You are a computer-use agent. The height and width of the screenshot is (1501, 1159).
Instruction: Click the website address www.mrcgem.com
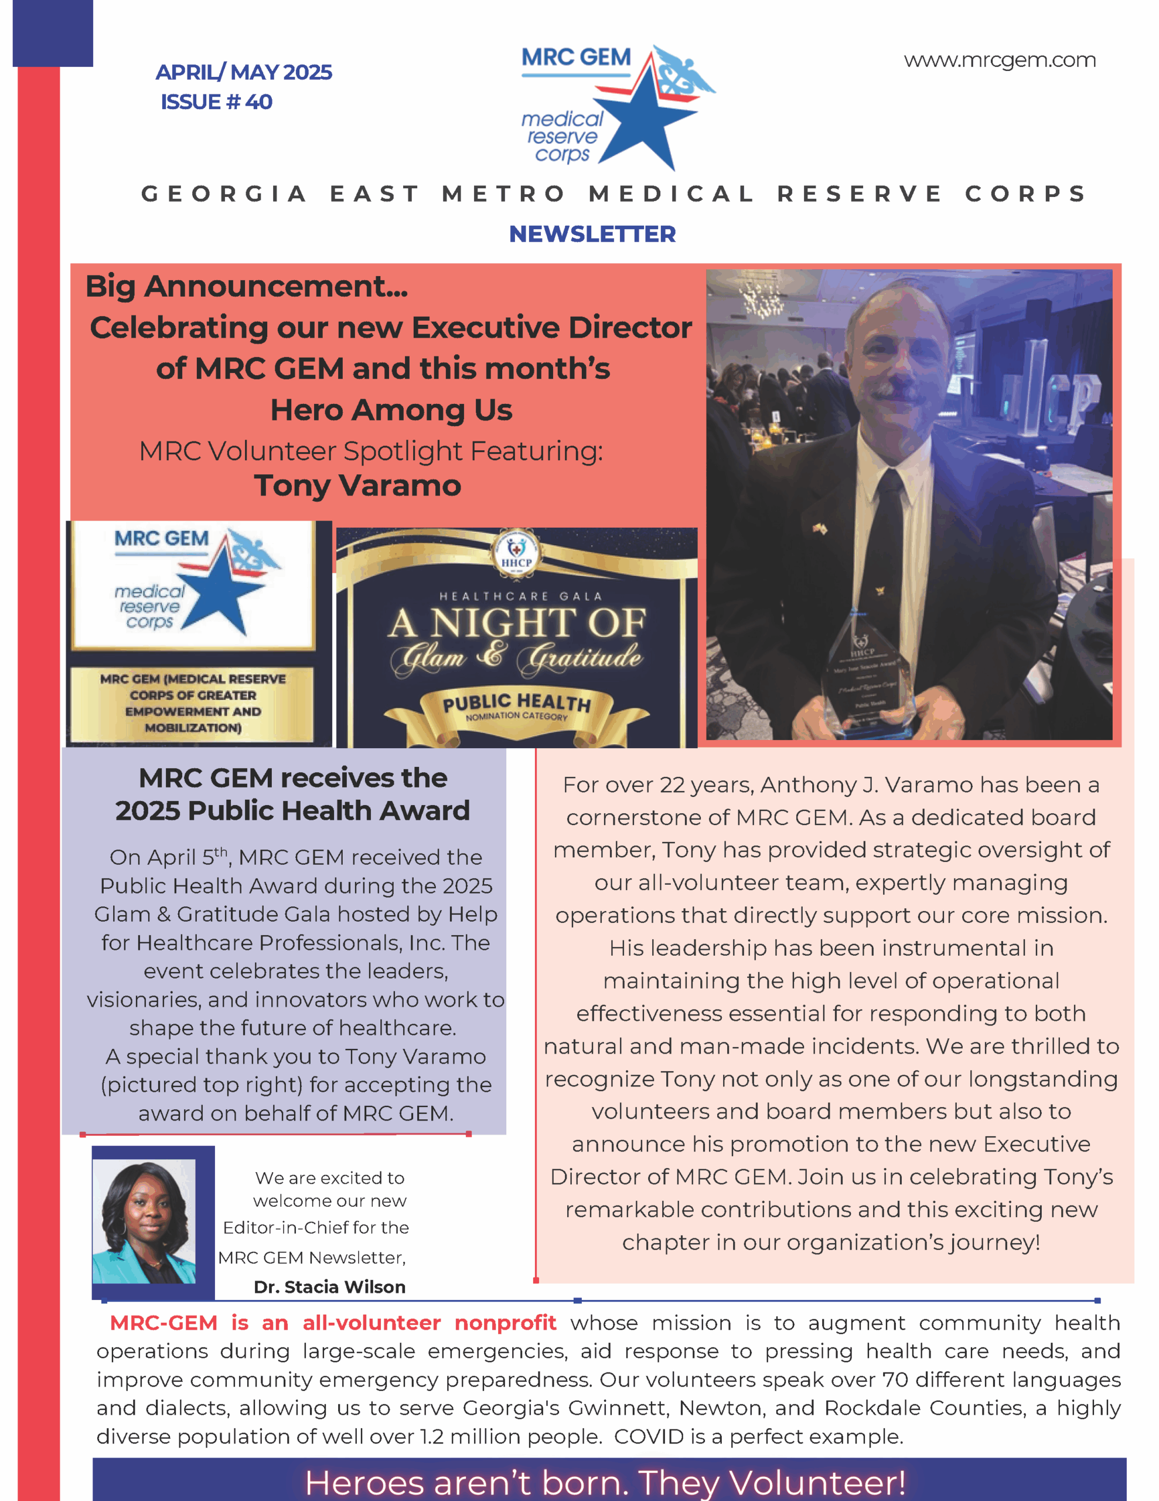(999, 60)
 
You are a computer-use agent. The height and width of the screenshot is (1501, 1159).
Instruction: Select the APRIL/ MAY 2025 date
(244, 72)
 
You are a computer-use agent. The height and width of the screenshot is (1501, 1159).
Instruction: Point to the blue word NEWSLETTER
(592, 235)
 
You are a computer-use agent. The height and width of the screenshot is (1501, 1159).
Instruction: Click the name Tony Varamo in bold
(357, 486)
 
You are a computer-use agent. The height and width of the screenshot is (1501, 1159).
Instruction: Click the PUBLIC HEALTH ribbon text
(517, 703)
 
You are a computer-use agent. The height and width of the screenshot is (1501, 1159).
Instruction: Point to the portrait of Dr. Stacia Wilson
(144, 1222)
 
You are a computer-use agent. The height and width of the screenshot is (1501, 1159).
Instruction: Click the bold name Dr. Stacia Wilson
(330, 1286)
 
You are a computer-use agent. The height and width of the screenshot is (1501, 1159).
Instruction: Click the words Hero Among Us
(391, 410)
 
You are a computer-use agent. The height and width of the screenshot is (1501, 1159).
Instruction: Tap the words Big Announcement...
(246, 287)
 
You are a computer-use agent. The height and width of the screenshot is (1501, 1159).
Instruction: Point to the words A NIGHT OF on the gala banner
(517, 623)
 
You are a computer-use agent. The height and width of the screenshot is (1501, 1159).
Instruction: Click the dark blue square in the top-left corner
(53, 33)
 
